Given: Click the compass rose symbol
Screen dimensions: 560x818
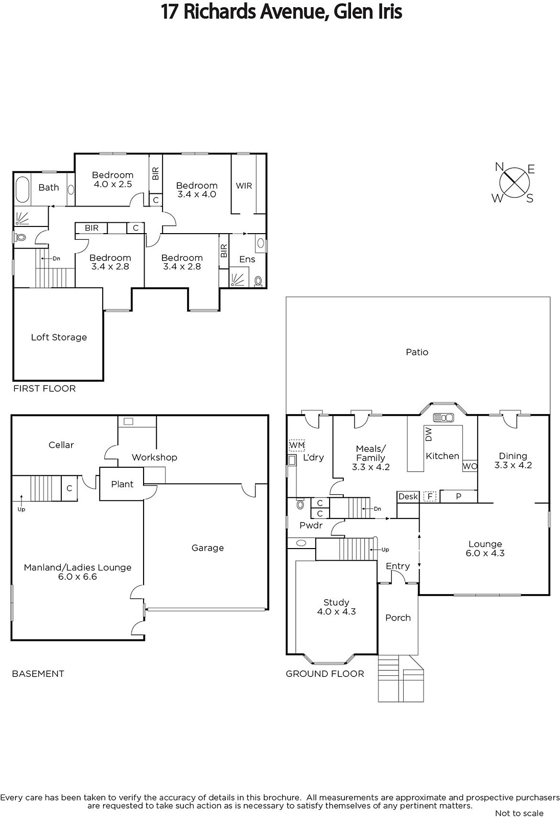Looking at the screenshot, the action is [515, 183].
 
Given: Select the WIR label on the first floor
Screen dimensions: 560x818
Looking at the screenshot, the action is [244, 186].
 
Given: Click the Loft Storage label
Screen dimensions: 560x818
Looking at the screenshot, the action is [59, 337].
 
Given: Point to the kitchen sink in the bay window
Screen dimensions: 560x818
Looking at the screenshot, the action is [443, 417].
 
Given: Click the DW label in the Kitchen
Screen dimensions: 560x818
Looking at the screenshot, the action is [429, 434].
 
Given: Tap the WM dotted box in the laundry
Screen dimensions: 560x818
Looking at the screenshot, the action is [296, 445].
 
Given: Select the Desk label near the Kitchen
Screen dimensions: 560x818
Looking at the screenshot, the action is [408, 496].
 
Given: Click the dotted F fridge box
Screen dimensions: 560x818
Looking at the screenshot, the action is [430, 496].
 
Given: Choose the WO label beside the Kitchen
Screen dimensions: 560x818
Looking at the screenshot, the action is [470, 466].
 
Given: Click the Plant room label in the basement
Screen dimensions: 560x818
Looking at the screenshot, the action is [122, 484].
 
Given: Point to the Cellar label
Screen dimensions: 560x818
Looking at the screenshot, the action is [61, 445].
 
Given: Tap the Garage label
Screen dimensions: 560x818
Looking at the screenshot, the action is [208, 548].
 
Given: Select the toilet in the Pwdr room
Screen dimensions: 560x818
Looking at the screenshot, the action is [300, 504].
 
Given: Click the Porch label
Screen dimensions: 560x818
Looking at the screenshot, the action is [398, 618].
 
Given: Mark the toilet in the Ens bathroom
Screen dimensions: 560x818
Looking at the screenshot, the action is [259, 281].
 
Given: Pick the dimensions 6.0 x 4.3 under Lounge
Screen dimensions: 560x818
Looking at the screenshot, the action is [485, 553].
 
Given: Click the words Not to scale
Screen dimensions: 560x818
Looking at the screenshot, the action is [519, 813].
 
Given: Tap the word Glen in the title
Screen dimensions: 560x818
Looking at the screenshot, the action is [351, 12].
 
